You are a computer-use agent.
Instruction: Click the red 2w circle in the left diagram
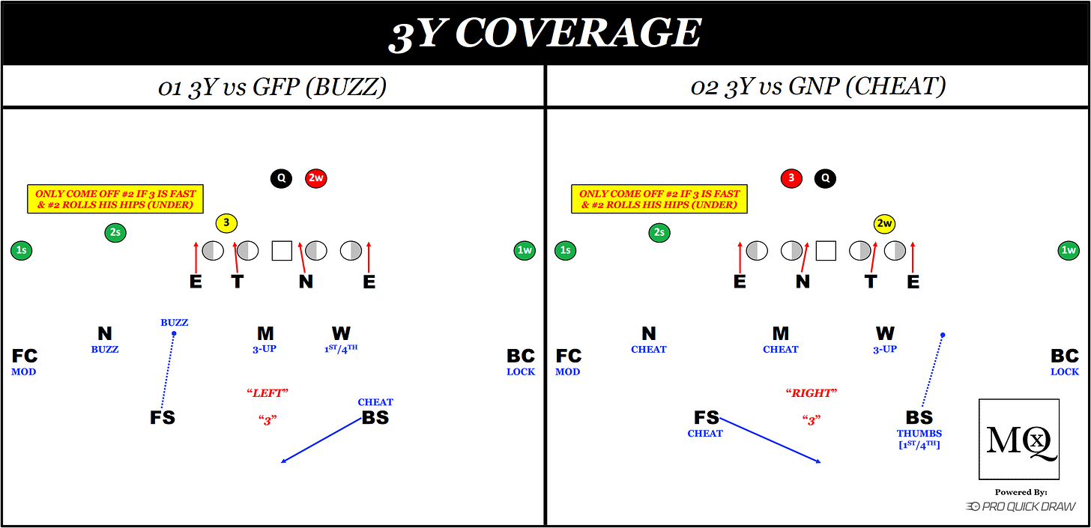pos(315,178)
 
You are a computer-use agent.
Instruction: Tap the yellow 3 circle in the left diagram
pos(226,222)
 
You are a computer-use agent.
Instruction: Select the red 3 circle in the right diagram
pos(791,178)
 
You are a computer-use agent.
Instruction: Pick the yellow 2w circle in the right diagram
pos(885,222)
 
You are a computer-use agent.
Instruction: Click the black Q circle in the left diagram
pos(281,178)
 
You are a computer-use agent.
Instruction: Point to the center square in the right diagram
pos(826,250)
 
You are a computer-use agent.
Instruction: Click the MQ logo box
pos(1019,439)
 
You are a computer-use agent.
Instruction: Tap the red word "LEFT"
pos(268,392)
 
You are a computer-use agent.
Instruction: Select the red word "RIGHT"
pos(812,392)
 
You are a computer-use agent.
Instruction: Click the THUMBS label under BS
pos(919,433)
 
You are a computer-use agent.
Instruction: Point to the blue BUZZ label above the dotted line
pos(175,323)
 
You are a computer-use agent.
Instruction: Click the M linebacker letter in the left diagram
pos(265,334)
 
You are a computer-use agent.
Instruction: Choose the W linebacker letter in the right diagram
pos(885,334)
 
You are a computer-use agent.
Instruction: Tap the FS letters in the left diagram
pos(163,418)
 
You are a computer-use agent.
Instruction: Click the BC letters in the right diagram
pos(1065,356)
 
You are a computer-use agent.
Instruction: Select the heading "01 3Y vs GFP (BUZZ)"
pos(272,87)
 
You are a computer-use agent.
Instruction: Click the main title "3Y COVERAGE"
pos(545,33)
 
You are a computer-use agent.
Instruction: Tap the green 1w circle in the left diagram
pos(525,250)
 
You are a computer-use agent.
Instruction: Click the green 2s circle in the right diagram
pos(659,232)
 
